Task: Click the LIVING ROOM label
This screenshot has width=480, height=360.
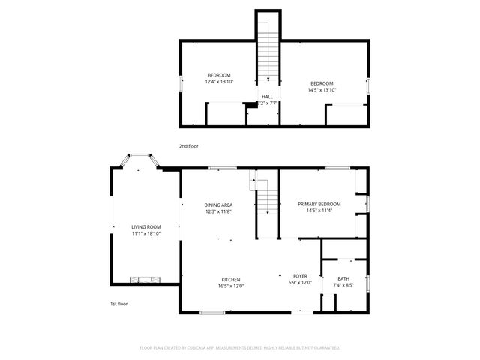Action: click(146, 227)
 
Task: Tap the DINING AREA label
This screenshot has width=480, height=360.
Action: click(218, 205)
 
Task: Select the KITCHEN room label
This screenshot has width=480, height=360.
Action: click(230, 278)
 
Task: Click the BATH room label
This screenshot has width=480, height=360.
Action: click(343, 278)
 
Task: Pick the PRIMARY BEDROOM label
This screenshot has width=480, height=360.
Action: click(319, 204)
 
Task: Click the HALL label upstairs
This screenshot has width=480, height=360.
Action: click(267, 97)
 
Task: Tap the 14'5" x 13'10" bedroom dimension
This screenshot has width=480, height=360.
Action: click(322, 90)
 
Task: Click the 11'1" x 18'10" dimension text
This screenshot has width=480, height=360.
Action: click(146, 233)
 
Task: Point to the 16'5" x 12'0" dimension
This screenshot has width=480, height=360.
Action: click(230, 285)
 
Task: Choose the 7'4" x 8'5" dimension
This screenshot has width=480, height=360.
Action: click(343, 285)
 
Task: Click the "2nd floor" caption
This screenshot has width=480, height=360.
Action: click(189, 146)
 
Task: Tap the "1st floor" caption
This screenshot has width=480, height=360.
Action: click(118, 304)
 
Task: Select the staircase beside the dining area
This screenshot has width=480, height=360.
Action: click(266, 202)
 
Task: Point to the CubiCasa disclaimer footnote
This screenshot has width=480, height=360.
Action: click(240, 347)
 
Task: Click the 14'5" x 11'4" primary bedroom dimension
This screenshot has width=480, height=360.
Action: click(319, 211)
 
